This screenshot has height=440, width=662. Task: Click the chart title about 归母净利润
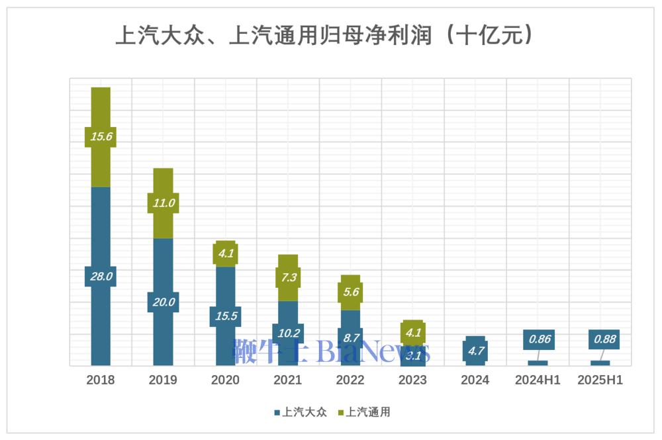point(324,34)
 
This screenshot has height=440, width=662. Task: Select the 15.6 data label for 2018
point(101,137)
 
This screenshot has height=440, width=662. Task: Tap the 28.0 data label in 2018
point(101,276)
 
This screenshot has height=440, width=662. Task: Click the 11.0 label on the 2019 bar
point(163,203)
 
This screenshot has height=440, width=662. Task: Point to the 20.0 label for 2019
point(163,302)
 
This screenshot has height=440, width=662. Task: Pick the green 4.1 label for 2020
point(225,252)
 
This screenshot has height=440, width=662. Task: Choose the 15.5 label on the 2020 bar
point(225,316)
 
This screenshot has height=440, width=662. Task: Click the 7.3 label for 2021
point(288,277)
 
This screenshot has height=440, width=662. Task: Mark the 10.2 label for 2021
point(288,333)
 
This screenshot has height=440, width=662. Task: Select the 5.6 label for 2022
point(350,292)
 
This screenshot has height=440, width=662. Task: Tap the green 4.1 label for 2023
point(412,332)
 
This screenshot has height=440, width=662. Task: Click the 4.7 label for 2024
point(475,351)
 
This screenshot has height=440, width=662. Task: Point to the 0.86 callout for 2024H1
point(540,339)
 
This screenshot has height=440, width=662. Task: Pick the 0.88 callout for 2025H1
point(604,339)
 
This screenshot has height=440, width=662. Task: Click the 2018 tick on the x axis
point(101,380)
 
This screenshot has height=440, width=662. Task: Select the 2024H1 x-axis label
point(538,380)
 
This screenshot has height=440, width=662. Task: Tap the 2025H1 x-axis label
point(600,380)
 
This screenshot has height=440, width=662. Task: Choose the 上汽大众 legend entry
point(301,412)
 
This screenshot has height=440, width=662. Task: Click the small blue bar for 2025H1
point(600,363)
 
